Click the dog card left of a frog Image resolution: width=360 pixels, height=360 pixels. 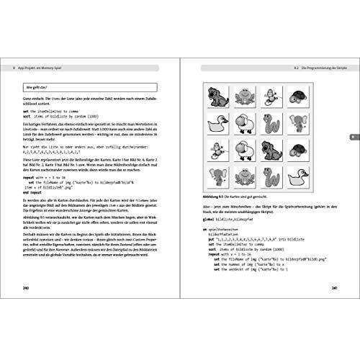[x=215, y=96]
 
